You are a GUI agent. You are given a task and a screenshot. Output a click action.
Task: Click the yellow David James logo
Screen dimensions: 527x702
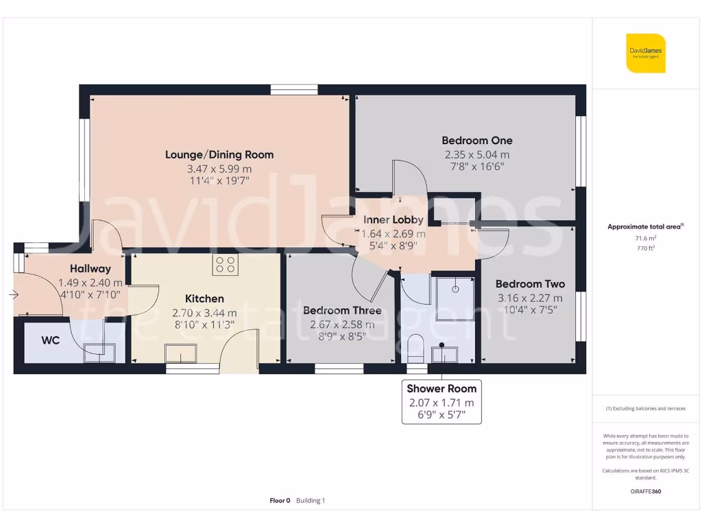point(645,53)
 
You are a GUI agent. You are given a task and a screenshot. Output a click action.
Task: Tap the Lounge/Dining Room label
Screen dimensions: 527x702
point(219,154)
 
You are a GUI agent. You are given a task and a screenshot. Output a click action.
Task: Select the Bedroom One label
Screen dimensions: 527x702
point(477,141)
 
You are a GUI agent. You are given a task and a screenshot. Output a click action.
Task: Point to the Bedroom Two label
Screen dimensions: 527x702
point(530,284)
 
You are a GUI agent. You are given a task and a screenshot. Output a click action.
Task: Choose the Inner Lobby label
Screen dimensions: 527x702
point(393,220)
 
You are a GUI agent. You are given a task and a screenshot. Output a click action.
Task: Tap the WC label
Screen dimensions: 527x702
point(50,340)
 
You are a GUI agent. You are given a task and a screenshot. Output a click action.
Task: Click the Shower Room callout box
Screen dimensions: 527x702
point(441,403)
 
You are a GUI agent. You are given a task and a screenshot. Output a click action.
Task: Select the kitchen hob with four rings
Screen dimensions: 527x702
point(225,265)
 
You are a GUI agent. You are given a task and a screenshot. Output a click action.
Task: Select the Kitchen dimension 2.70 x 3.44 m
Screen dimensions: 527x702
point(204,312)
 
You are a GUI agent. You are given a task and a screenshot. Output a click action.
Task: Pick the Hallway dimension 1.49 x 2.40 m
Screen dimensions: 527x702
point(90,283)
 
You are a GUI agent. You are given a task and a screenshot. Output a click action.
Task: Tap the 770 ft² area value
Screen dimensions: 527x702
point(645,249)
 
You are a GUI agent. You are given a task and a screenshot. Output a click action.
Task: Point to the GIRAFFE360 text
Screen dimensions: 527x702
point(645,491)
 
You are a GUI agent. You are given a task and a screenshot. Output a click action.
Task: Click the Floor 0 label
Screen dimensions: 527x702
point(280,501)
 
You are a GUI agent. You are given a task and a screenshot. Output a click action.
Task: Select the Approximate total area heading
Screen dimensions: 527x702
point(645,226)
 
